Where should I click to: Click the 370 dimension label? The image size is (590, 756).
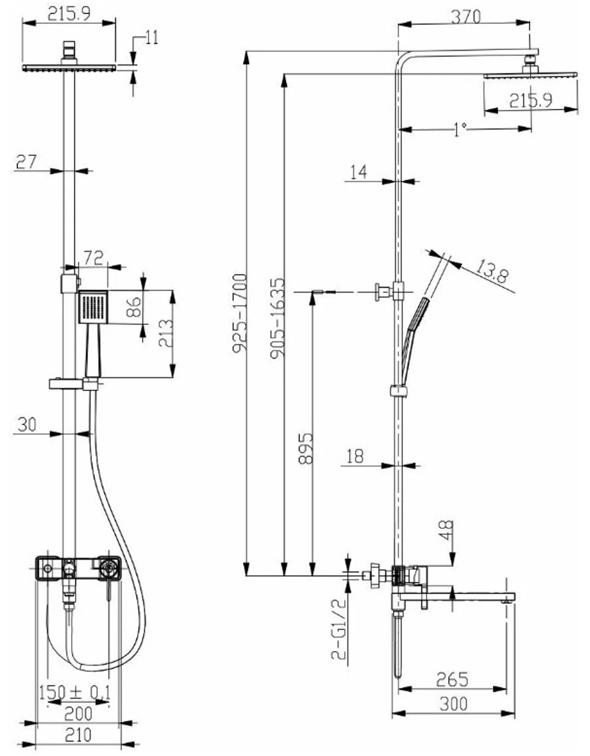coord(466,16)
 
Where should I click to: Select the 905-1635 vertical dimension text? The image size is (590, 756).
coord(277,318)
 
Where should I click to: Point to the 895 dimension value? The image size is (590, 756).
coord(306,448)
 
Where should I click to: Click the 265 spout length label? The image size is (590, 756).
coord(452,679)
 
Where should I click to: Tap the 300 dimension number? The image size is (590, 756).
coord(454,704)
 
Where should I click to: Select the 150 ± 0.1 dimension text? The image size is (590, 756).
coord(74,692)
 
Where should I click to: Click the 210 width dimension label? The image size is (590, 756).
coord(78,734)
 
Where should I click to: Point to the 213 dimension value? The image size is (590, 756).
coord(166,333)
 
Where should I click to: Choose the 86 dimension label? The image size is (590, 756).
coord(134,307)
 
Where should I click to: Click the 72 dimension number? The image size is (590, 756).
coord(94,258)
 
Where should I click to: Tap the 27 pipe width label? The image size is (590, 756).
coord(26,162)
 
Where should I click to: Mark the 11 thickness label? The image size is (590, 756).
coord(152,37)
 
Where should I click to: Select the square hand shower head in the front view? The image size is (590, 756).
coord(93,307)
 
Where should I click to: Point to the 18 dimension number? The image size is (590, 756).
coord(355,456)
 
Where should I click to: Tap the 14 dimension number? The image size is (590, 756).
coord(358,172)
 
